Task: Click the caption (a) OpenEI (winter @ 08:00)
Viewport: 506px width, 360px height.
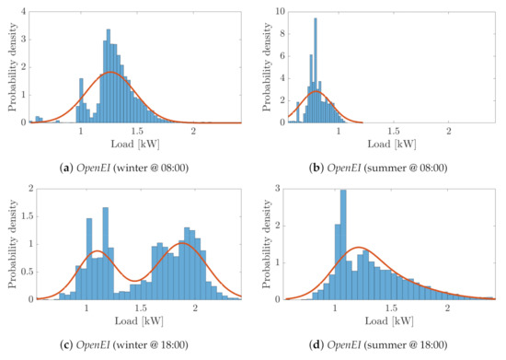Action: (x=135, y=166)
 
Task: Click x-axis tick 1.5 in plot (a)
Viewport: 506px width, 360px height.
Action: (x=137, y=133)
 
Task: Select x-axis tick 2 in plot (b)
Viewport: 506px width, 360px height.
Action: (x=448, y=133)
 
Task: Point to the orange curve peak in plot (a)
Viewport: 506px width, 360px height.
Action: (x=110, y=72)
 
